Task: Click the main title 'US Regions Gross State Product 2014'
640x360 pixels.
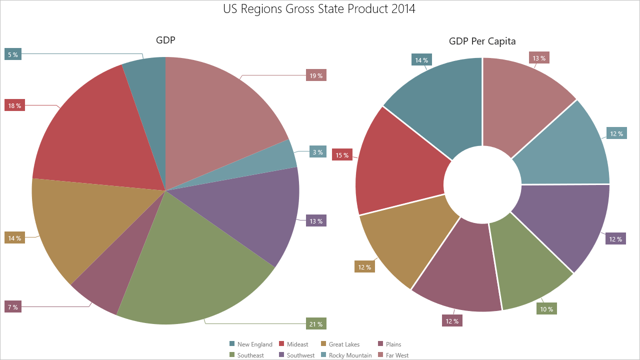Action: point(319,9)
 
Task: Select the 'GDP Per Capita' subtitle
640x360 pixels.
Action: point(482,41)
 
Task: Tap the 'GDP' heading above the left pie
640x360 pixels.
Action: point(165,40)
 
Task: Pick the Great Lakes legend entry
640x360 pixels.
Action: point(340,344)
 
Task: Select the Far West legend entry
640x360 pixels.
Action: point(392,355)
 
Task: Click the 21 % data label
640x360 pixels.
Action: point(316,324)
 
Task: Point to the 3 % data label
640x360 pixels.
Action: point(317,152)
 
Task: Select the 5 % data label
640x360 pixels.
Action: point(13,54)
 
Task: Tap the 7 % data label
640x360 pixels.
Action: point(13,307)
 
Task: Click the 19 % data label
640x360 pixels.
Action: point(316,76)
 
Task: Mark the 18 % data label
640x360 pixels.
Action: point(14,105)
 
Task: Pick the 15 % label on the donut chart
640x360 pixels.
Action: point(342,155)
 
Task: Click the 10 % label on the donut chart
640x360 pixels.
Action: point(546,309)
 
